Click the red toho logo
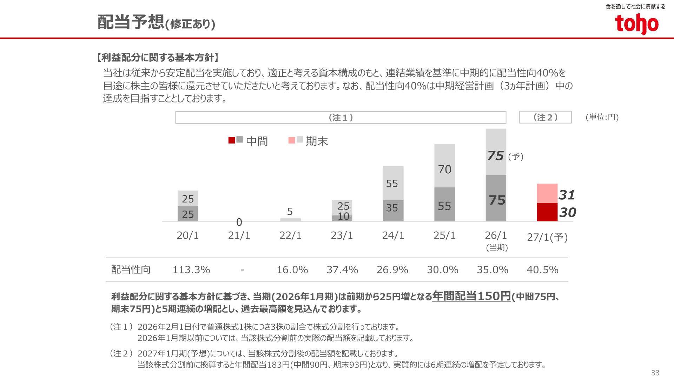[636, 24]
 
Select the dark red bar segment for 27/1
[547, 212]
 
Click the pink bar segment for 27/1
[547, 193]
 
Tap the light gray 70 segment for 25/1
[444, 166]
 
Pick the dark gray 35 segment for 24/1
[393, 211]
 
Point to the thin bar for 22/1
[290, 220]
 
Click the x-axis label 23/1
[342, 235]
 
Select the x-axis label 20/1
[188, 235]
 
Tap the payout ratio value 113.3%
[191, 270]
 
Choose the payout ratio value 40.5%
[542, 270]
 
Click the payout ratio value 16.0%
[292, 270]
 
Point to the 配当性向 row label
[131, 270]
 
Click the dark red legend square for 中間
[232, 140]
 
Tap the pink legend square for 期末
[292, 140]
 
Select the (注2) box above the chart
[545, 117]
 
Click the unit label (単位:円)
[602, 117]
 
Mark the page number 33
[655, 373]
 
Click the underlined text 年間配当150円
[471, 296]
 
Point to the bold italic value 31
[567, 195]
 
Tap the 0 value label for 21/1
[239, 222]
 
